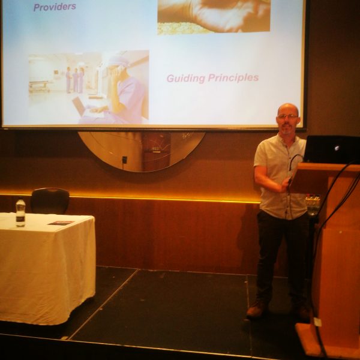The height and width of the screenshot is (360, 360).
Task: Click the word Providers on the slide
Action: point(55,7)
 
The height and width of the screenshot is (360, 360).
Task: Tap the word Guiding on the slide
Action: point(186,78)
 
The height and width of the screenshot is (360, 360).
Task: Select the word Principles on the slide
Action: point(233,78)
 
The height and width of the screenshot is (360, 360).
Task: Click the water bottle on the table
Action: point(20,212)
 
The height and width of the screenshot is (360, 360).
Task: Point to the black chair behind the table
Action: point(50,200)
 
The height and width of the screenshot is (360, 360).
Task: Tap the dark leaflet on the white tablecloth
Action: point(61,223)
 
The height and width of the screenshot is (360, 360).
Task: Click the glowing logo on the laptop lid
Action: point(337,148)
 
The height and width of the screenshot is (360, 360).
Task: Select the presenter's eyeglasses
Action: point(287,116)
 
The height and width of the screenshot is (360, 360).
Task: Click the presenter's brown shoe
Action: point(256,310)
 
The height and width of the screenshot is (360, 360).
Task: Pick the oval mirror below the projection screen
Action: point(142,152)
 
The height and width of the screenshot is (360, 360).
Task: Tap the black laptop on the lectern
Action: point(332,149)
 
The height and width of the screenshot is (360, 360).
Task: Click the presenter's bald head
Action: point(288,109)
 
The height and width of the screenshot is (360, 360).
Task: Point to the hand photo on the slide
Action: point(214,17)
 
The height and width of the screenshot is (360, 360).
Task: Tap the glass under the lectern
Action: point(313,205)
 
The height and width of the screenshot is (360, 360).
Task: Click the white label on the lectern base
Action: point(318,322)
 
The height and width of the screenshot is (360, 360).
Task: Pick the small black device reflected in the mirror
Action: point(124,160)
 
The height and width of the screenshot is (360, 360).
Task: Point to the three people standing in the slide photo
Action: point(75,80)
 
